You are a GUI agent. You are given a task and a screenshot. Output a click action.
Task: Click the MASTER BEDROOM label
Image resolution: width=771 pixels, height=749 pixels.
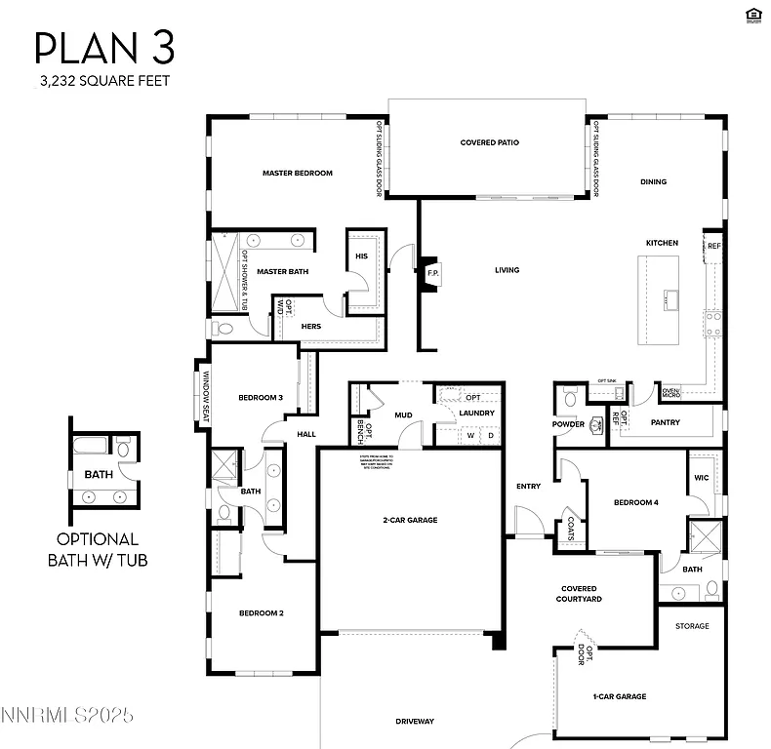297,174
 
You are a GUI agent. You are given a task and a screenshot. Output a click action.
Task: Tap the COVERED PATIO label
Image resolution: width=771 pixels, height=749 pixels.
489,143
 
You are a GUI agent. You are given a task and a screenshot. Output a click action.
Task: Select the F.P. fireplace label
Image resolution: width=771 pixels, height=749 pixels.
433,274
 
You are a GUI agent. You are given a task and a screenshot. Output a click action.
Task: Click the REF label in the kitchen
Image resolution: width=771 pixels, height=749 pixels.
713,246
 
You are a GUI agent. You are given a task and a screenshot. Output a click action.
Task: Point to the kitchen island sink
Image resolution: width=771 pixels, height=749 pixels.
670,299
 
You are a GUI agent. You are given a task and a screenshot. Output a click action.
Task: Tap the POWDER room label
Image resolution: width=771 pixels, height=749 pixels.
568,424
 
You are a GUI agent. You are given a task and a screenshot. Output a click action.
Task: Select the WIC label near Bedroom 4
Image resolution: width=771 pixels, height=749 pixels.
701,478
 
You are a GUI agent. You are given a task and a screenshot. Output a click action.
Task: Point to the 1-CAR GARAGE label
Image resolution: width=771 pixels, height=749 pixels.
620,696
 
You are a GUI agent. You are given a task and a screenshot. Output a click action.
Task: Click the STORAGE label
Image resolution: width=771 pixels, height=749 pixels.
692,626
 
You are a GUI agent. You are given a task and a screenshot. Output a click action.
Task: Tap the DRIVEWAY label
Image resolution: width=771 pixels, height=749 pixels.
415,722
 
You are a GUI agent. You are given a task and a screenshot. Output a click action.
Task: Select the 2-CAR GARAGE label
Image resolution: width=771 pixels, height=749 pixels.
410,520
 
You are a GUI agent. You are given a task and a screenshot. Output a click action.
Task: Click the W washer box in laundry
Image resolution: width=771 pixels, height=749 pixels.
469,435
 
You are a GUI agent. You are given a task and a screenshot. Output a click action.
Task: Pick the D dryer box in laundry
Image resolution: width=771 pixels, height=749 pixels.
491,435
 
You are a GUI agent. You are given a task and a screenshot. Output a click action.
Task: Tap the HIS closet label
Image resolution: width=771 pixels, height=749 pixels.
361,256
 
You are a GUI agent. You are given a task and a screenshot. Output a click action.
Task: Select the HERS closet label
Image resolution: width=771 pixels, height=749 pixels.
311,326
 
